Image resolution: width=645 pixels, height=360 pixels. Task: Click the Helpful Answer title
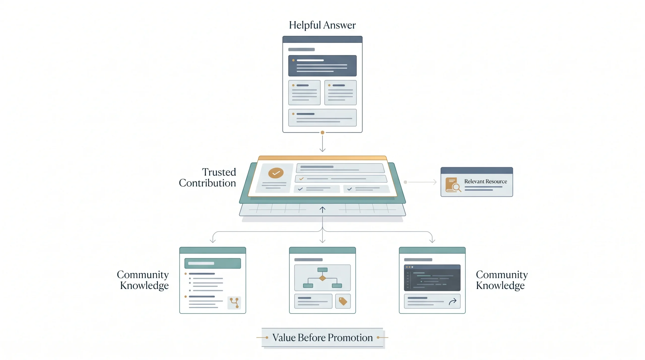(x=322, y=25)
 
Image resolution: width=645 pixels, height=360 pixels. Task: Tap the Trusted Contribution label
(x=207, y=178)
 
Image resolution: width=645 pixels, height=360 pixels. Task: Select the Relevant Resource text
(x=486, y=181)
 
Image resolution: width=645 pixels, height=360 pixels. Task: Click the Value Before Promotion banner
(x=322, y=338)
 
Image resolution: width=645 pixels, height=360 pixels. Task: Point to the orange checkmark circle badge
(x=276, y=173)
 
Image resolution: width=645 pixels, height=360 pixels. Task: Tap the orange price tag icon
(x=343, y=301)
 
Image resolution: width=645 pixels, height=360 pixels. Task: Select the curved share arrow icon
(x=453, y=301)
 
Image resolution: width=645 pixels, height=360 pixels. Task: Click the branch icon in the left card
(x=234, y=303)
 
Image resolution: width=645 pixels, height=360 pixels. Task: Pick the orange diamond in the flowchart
(x=322, y=278)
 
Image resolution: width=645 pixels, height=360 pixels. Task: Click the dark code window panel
(x=432, y=278)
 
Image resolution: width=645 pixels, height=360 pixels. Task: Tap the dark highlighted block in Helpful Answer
(x=322, y=66)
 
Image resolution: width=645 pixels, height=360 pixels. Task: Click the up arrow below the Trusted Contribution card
(x=322, y=210)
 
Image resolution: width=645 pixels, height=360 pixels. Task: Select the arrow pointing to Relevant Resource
(x=422, y=182)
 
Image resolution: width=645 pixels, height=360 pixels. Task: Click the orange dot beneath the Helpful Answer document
(x=322, y=133)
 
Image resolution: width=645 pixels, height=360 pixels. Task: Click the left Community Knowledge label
(x=143, y=280)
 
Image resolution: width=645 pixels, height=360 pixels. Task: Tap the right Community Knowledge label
(x=502, y=280)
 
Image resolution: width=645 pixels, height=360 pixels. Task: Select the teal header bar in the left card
(x=213, y=250)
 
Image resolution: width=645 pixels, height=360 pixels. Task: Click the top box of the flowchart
(x=322, y=270)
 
